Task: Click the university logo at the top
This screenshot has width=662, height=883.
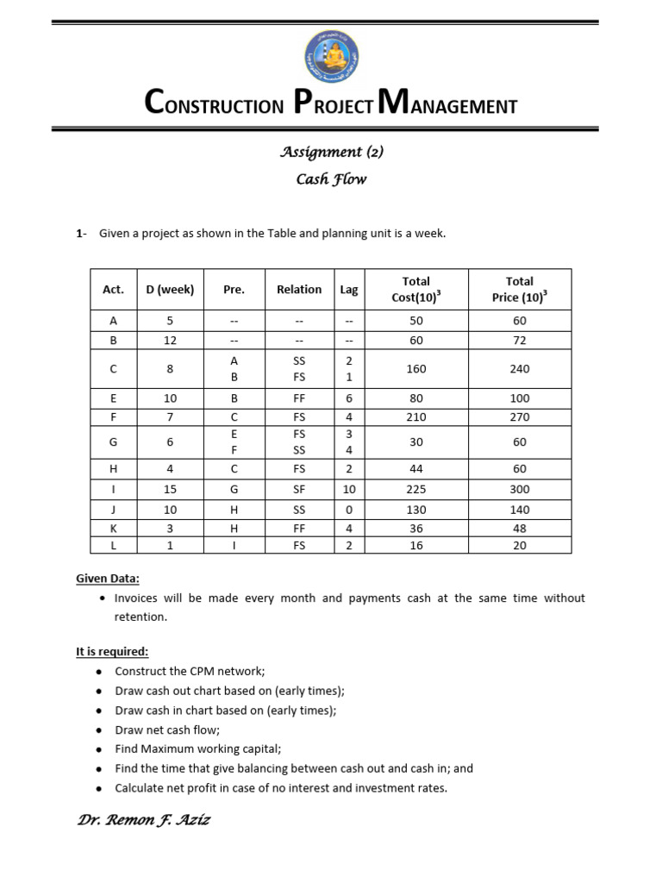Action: tap(332, 55)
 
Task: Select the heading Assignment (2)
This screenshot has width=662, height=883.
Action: tap(331, 152)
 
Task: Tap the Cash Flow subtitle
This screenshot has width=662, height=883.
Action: tap(331, 179)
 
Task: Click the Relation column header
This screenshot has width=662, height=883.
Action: tap(299, 290)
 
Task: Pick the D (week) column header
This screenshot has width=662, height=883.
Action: tap(170, 290)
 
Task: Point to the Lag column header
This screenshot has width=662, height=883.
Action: tap(349, 290)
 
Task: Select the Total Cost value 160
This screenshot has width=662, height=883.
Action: tap(416, 369)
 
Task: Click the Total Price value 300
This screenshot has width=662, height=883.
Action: tap(519, 490)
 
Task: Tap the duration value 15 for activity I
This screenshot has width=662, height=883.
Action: tap(170, 490)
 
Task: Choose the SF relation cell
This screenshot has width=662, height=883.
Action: tap(299, 490)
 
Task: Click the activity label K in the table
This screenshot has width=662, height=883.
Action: tap(113, 528)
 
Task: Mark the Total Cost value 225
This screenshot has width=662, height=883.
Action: tap(416, 490)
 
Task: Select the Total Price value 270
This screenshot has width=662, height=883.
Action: tap(519, 417)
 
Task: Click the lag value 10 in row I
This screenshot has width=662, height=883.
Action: tap(349, 490)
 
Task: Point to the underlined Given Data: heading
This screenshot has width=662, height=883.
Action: tap(107, 579)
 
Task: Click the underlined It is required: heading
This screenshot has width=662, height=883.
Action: tap(112, 652)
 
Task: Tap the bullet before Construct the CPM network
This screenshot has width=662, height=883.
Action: tap(100, 672)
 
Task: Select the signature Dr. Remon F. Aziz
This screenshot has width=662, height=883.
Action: tap(143, 820)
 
